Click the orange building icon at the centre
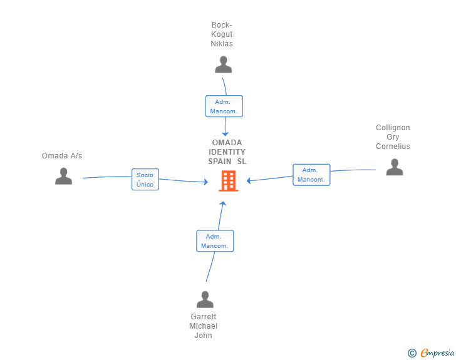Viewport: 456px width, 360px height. pos(229,181)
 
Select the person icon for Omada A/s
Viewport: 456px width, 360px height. pos(63,176)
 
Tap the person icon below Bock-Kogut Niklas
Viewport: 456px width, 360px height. pos(224,64)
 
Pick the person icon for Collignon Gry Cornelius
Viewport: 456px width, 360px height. pos(395,167)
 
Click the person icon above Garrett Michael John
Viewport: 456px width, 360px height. pos(205,299)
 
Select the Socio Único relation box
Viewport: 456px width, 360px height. pos(145,180)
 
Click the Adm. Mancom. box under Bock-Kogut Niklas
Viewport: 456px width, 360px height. pos(224,106)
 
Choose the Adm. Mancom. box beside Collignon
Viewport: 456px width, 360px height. pos(311,175)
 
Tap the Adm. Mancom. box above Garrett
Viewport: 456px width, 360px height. pos(215,241)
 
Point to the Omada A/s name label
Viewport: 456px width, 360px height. pos(62,156)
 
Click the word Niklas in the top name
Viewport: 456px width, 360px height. pos(222,44)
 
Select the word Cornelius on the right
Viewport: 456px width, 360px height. pos(393,147)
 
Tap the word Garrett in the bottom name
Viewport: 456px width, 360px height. pos(204,316)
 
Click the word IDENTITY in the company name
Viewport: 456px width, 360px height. pos(227,152)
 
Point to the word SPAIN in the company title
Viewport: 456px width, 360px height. pos(220,162)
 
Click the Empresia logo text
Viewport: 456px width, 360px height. pos(437,353)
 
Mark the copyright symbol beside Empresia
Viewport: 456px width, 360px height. pos(412,353)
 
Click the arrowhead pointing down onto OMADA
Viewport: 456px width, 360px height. pos(225,134)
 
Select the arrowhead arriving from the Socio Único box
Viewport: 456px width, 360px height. pos(206,182)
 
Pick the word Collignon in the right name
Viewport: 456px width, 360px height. pos(393,128)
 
